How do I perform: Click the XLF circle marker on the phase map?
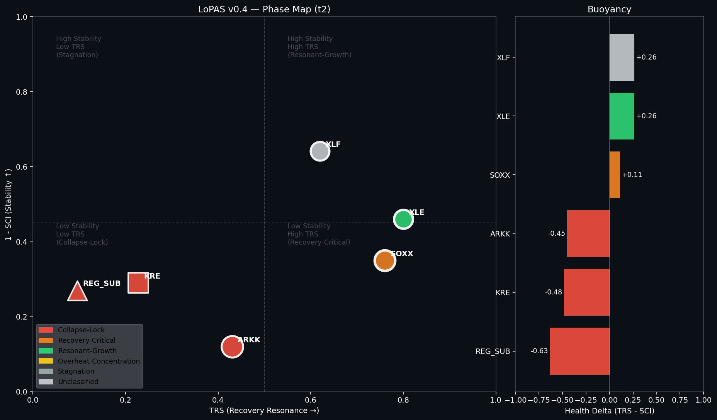(319, 151)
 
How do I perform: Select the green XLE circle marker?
(403, 219)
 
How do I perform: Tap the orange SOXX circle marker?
(384, 260)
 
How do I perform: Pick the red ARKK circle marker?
(232, 347)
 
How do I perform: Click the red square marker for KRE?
(138, 283)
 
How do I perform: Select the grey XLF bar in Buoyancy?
(622, 57)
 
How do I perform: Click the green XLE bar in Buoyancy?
(622, 116)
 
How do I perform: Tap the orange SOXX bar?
(615, 175)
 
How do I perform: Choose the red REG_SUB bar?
(579, 351)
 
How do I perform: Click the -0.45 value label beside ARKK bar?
(556, 233)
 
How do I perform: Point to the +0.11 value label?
(632, 175)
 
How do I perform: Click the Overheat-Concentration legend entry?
(99, 361)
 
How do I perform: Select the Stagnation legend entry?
(76, 371)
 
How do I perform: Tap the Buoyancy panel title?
(609, 9)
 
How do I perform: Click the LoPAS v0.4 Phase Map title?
(264, 9)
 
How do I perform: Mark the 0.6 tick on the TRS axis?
(311, 400)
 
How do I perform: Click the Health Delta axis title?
(609, 411)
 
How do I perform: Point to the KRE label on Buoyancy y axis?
(503, 292)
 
